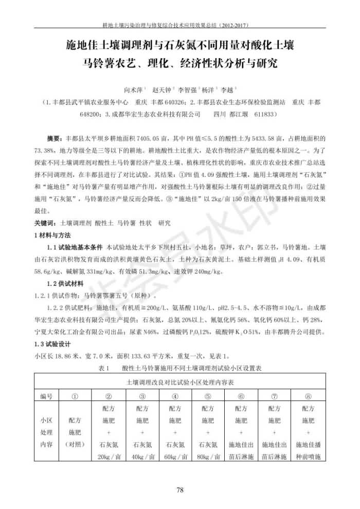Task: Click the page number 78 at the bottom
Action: (x=180, y=489)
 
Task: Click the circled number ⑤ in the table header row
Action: (x=209, y=396)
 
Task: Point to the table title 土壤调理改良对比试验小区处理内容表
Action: (x=180, y=383)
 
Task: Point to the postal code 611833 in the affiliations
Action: (x=266, y=114)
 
